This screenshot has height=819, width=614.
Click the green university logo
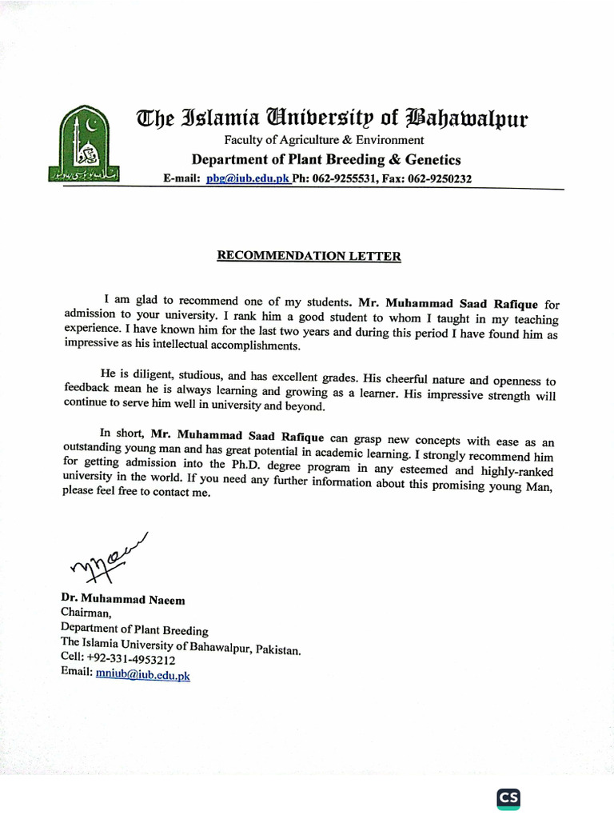point(84,145)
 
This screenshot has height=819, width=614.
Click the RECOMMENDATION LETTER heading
point(309,257)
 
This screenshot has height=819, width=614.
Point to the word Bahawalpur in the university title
point(468,120)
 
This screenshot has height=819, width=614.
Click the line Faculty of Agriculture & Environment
point(324,141)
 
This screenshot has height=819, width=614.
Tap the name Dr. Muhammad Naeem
point(123,599)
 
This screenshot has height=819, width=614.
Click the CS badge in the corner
point(508,798)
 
